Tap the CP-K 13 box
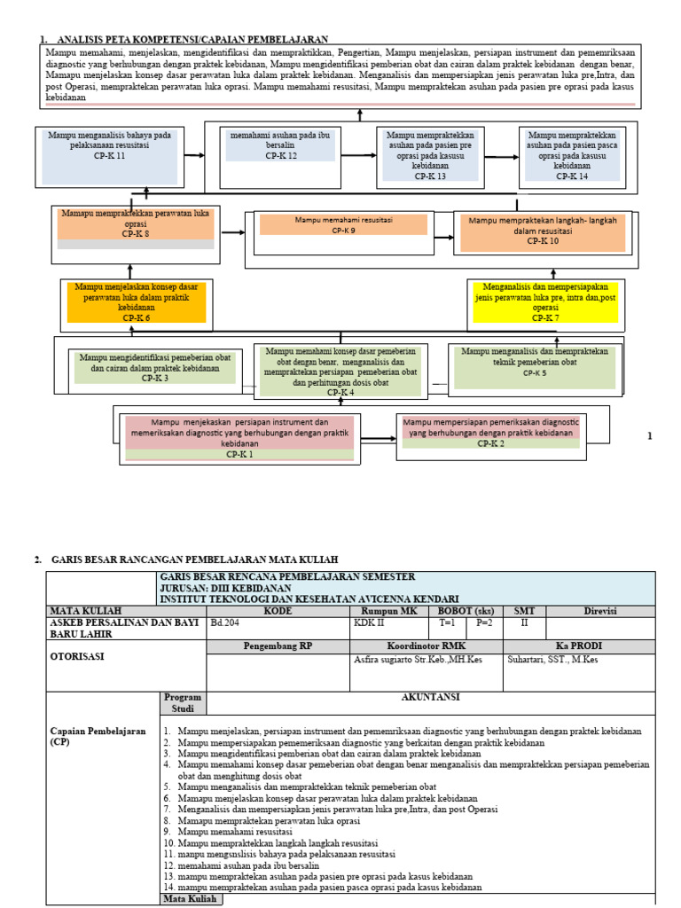click(429, 155)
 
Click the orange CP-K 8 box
click(136, 225)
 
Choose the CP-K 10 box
click(542, 231)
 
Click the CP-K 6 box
click(136, 301)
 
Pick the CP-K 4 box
click(340, 371)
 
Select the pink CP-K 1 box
click(239, 438)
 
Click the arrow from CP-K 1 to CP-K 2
click(379, 439)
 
